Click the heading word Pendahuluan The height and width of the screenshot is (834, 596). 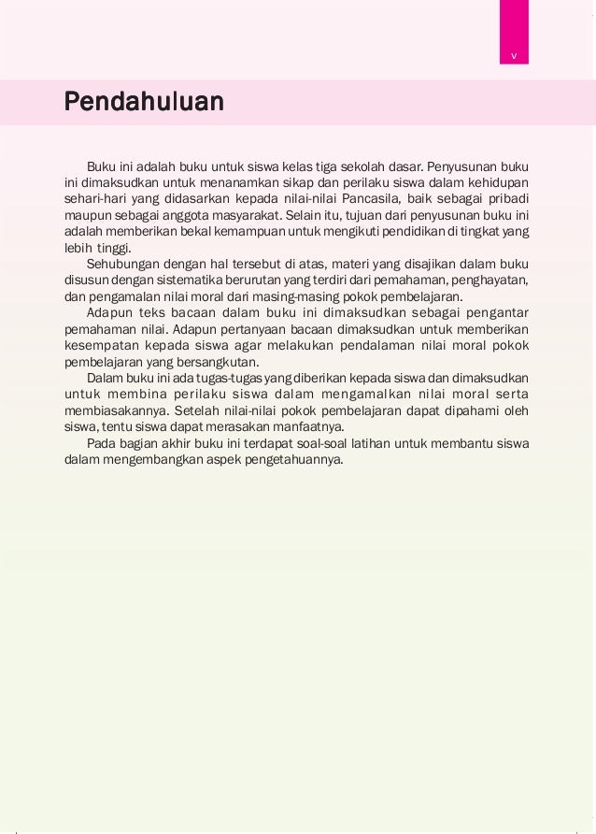(x=144, y=101)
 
